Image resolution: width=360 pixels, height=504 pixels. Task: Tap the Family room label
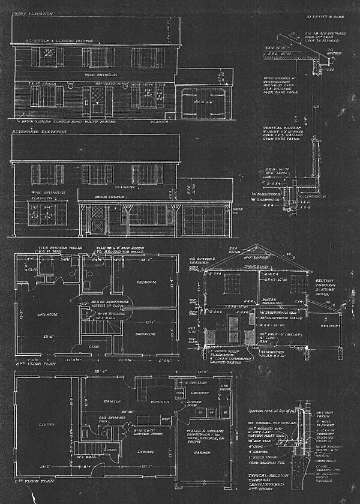point(112,400)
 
